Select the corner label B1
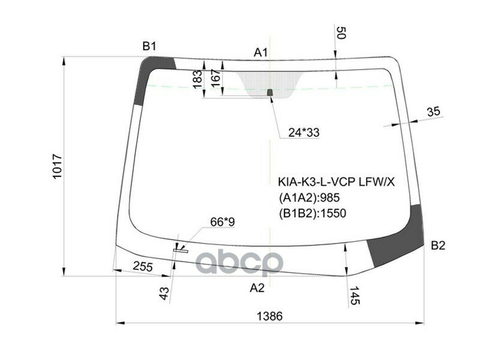pyautogui.click(x=149, y=46)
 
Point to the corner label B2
pyautogui.click(x=438, y=245)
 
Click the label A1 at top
pyautogui.click(x=260, y=53)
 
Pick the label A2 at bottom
pyautogui.click(x=257, y=288)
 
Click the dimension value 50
pyautogui.click(x=341, y=33)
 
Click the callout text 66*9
pyautogui.click(x=222, y=223)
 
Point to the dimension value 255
pyautogui.click(x=142, y=266)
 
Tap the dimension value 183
pyautogui.click(x=197, y=80)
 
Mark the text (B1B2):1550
pyautogui.click(x=312, y=212)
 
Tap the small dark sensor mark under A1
pyautogui.click(x=270, y=92)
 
